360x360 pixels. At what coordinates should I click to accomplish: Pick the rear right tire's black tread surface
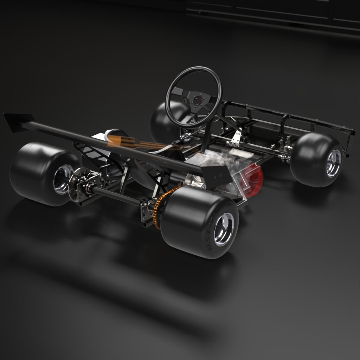tap(186, 216)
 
